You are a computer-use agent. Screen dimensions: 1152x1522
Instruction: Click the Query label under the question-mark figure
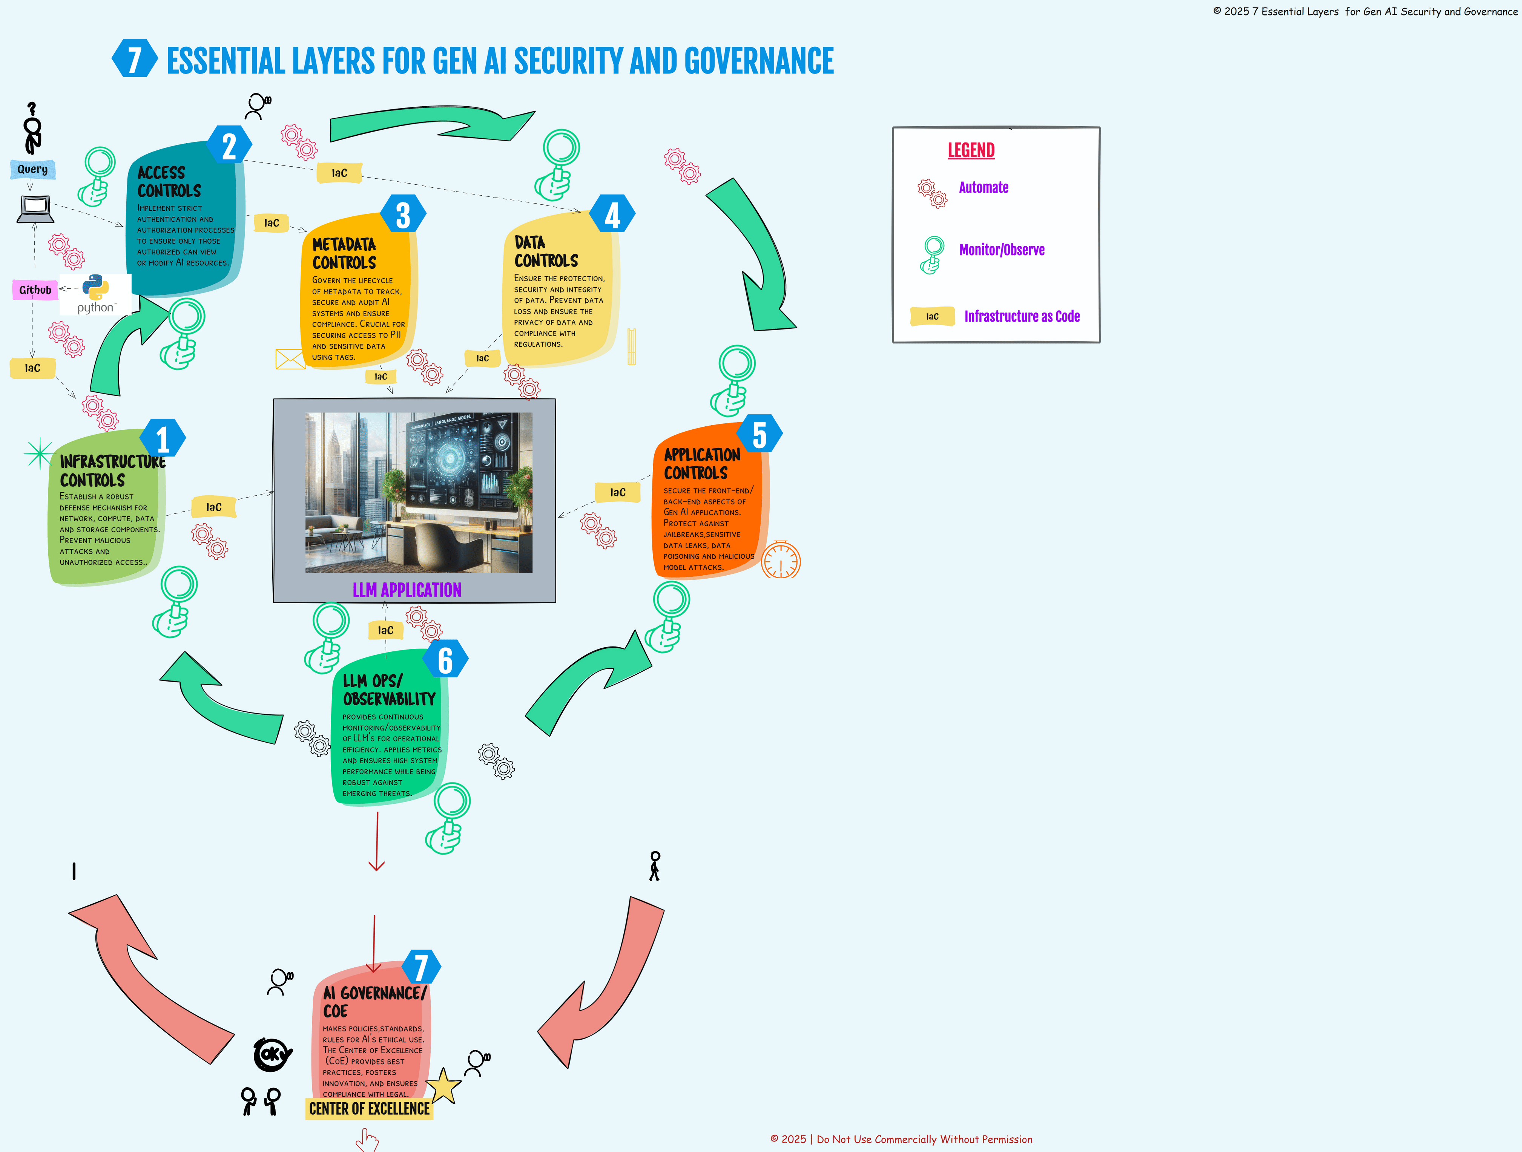tap(32, 169)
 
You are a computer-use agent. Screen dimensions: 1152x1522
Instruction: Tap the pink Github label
tap(35, 290)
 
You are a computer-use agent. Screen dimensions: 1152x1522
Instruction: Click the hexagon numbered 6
tap(445, 660)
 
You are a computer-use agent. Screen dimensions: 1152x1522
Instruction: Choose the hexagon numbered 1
tap(163, 438)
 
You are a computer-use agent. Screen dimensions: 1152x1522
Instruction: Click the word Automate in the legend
tap(983, 188)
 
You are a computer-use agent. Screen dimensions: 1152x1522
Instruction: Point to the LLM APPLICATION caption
tap(407, 590)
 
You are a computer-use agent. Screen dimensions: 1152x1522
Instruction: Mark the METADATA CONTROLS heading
tap(344, 254)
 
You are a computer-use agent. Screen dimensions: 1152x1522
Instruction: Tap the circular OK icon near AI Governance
tap(273, 1054)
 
